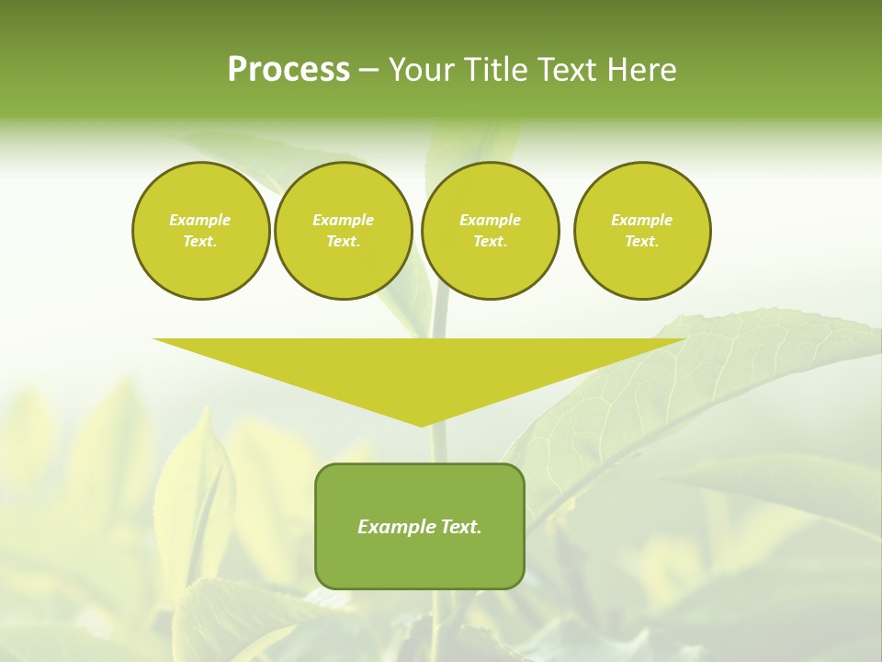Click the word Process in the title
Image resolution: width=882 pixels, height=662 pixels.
pyautogui.click(x=288, y=70)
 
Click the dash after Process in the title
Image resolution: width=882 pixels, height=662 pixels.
pyautogui.click(x=368, y=72)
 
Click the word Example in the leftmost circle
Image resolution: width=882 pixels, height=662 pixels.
pyautogui.click(x=200, y=220)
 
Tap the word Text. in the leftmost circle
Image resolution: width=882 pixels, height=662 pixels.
pyautogui.click(x=200, y=241)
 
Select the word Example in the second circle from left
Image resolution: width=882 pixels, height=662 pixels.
pyautogui.click(x=343, y=220)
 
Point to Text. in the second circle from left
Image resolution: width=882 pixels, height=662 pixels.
pyautogui.click(x=343, y=241)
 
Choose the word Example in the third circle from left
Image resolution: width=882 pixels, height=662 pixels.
pyautogui.click(x=490, y=220)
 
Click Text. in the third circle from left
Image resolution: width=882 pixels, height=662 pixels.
pyautogui.click(x=490, y=241)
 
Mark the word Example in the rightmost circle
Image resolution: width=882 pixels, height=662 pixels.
pyautogui.click(x=641, y=220)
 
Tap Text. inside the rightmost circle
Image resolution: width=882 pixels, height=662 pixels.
pyautogui.click(x=641, y=241)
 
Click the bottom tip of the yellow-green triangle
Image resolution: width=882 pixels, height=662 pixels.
pyautogui.click(x=421, y=424)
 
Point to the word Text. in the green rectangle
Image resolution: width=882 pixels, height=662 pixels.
pyautogui.click(x=459, y=527)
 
